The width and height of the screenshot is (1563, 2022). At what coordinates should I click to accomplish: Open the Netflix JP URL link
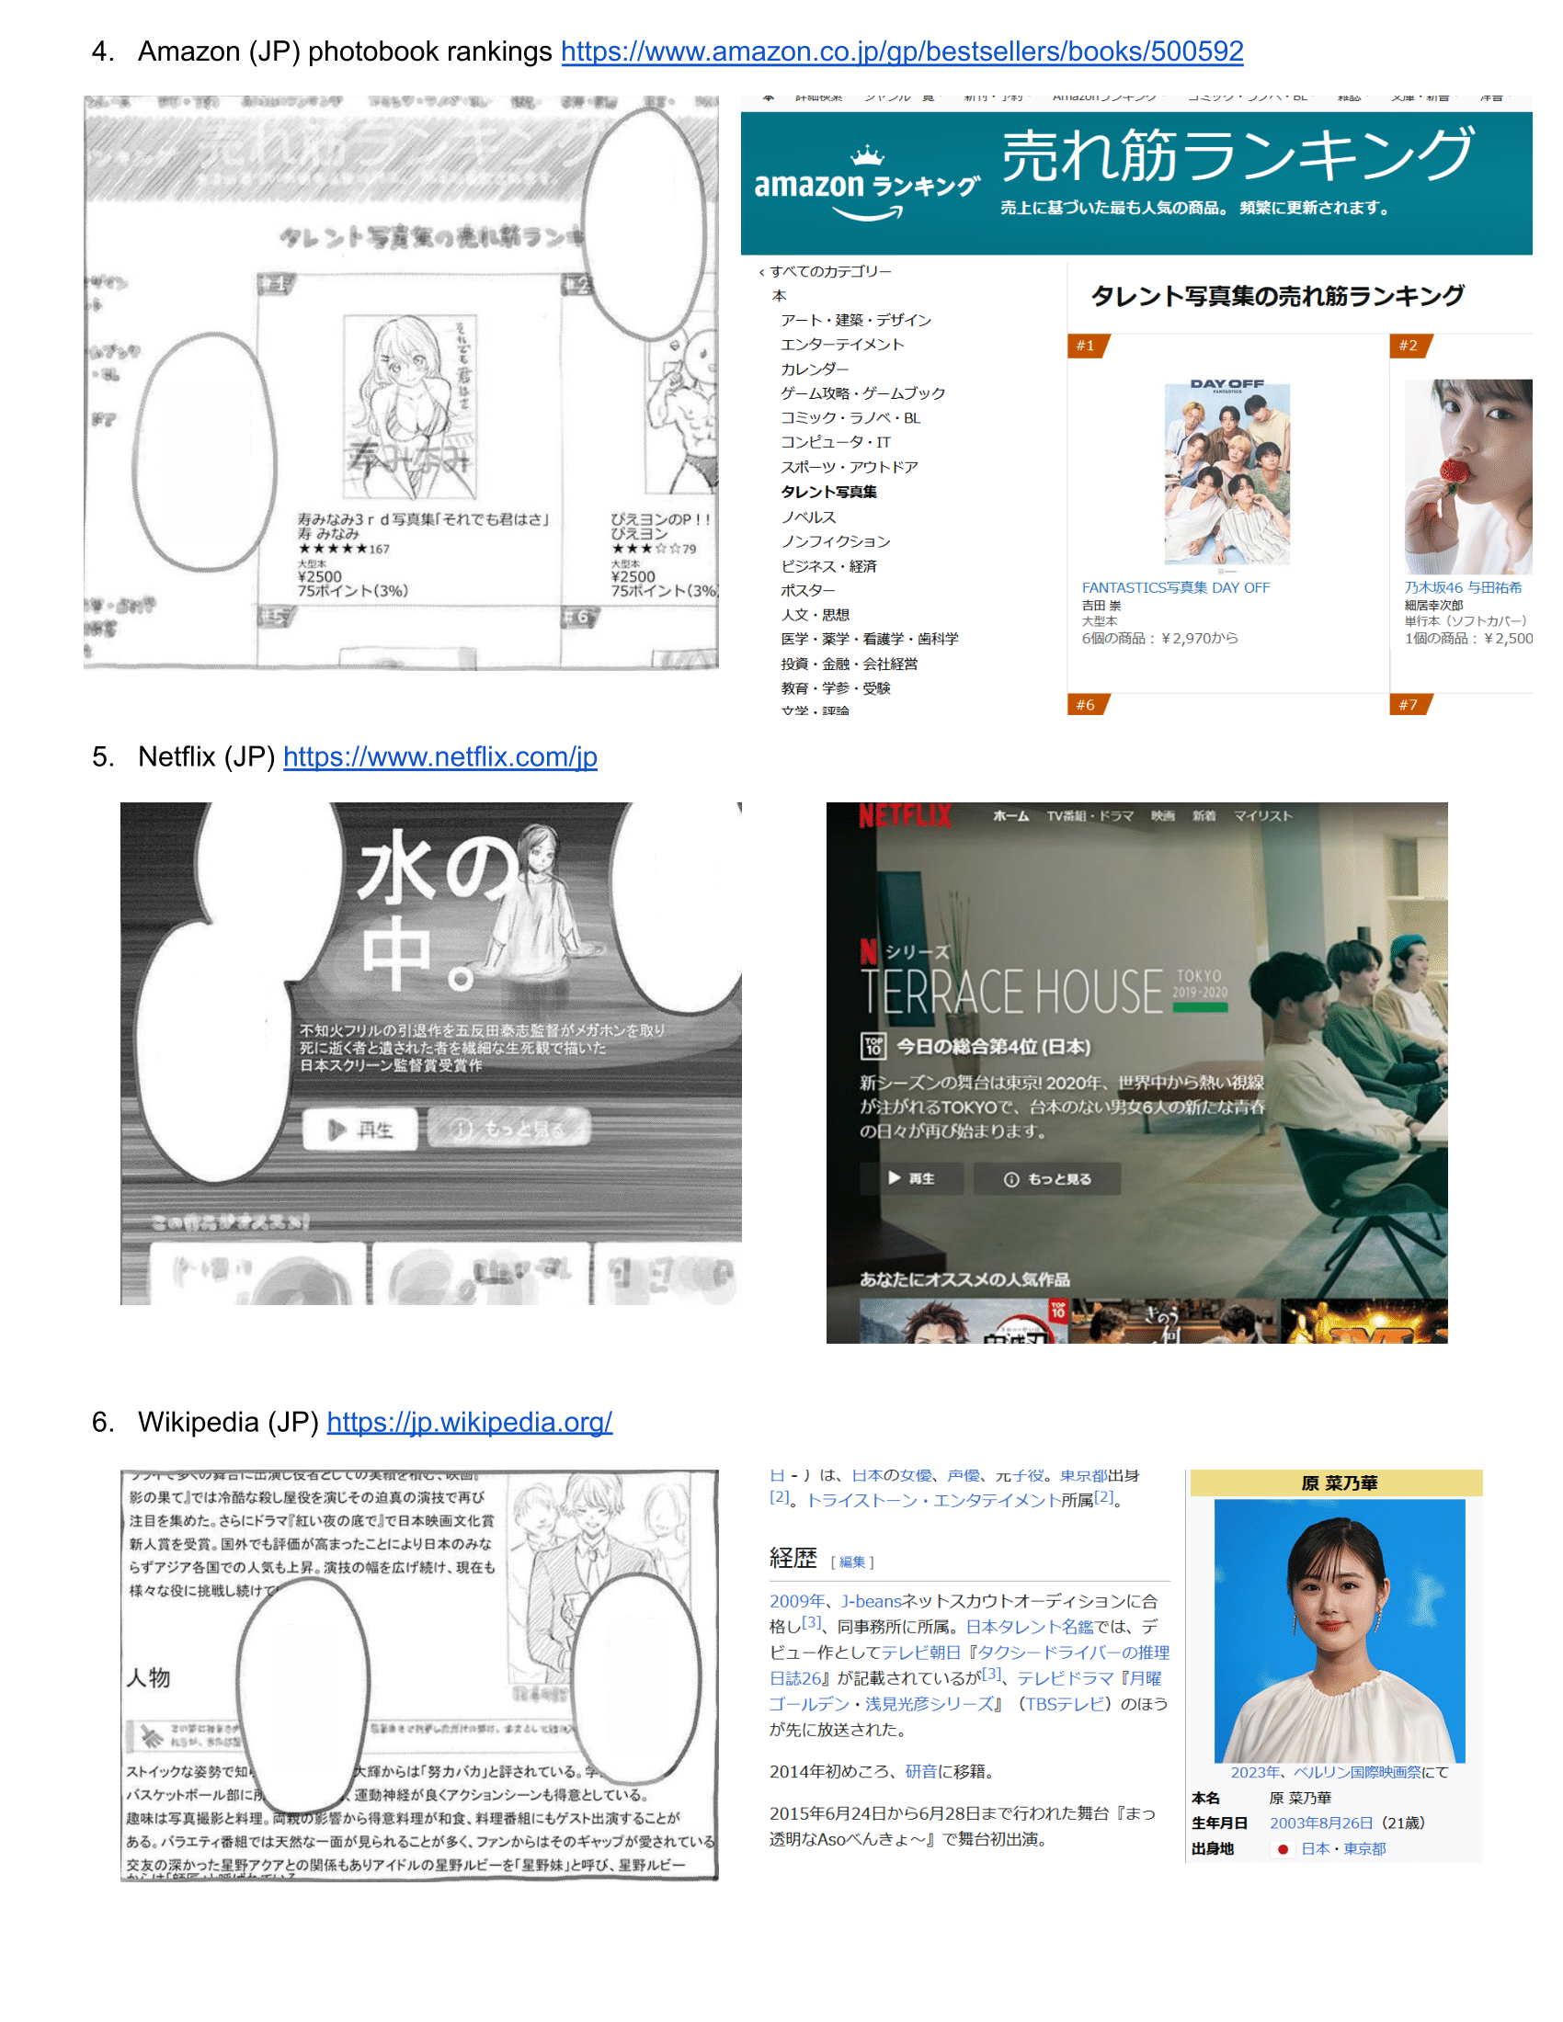[439, 757]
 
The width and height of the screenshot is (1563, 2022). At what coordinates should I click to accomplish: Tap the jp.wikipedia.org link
[469, 1422]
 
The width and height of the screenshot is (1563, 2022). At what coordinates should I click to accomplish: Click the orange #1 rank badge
[1087, 346]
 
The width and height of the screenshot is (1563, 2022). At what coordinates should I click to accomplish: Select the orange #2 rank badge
[1409, 346]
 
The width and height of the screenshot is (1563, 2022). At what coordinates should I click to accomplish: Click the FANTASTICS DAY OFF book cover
[1226, 472]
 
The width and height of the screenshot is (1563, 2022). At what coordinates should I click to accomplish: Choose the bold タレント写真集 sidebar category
[827, 492]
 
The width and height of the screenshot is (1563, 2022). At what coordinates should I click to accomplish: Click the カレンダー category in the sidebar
[814, 369]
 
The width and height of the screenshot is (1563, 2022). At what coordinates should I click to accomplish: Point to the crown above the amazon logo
[867, 154]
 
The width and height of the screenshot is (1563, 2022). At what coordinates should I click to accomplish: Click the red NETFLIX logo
[904, 815]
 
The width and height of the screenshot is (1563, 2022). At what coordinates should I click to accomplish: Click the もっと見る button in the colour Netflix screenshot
[1047, 1178]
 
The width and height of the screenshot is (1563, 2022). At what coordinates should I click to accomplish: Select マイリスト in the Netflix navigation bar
[1262, 815]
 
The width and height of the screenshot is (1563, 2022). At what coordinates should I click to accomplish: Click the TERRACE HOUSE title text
[1011, 992]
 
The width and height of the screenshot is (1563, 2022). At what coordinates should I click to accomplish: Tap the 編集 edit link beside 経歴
[852, 1562]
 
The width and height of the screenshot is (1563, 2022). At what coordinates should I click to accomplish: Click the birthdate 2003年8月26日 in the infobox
[1320, 1823]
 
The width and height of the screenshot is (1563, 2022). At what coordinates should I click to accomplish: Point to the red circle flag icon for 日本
[1283, 1849]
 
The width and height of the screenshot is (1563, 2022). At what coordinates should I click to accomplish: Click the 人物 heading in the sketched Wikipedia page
[148, 1677]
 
